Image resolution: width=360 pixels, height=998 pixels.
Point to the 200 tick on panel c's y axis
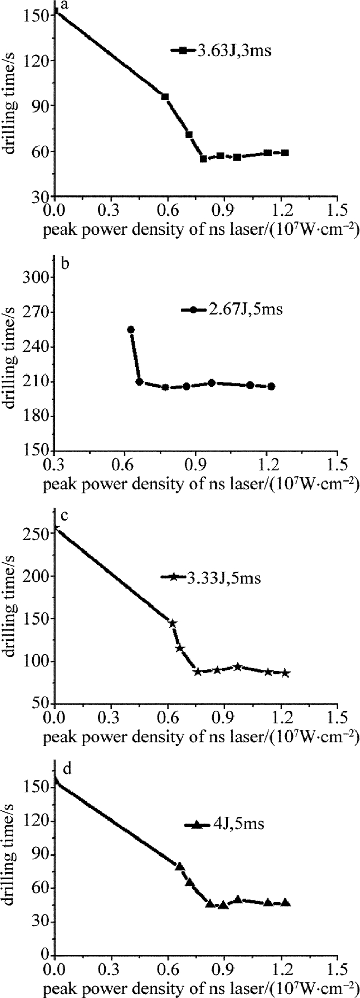pyautogui.click(x=37, y=576)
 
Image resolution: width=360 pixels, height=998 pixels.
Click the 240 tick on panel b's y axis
pyautogui.click(x=37, y=347)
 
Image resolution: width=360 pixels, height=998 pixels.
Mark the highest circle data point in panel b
pyautogui.click(x=131, y=329)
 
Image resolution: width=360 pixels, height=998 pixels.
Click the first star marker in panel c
pyautogui.click(x=173, y=623)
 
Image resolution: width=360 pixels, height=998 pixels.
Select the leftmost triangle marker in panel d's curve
pyautogui.click(x=179, y=866)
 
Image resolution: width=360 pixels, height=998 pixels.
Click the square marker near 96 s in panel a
pyautogui.click(x=165, y=97)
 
